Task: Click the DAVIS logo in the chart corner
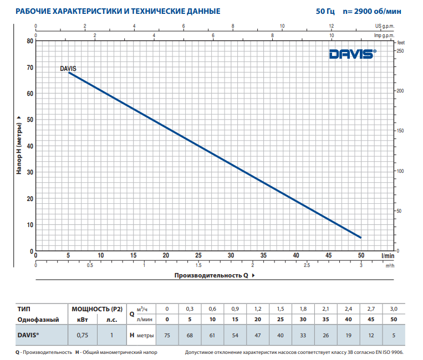352,54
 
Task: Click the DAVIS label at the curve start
68,69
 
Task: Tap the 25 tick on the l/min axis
198,255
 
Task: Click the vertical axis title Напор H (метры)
19,146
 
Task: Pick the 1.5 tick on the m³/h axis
198,265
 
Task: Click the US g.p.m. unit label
386,26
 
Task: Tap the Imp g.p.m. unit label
386,35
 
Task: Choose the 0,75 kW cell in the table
82,335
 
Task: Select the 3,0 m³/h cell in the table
394,308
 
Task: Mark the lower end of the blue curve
361,238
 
